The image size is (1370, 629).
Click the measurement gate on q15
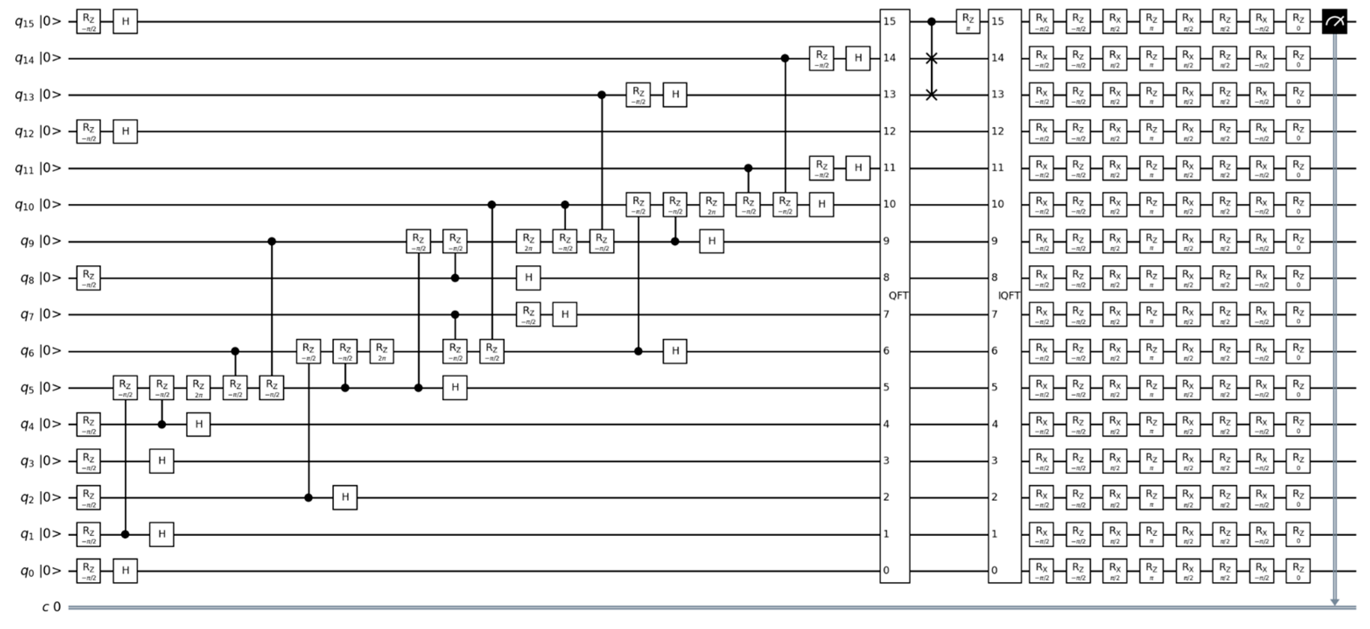1335,22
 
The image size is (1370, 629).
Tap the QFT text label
898,296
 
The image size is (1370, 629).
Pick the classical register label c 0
52,607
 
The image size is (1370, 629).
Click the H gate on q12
125,131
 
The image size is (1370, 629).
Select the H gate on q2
345,498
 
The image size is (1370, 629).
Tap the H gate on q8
528,278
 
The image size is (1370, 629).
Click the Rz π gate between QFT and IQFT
968,22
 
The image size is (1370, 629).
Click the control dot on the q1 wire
125,535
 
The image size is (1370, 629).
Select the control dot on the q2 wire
308,498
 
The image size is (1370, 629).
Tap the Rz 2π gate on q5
198,388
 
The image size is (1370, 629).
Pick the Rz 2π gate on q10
711,205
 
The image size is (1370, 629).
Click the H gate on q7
565,314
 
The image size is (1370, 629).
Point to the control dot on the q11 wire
748,168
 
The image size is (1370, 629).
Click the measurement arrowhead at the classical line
1335,602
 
